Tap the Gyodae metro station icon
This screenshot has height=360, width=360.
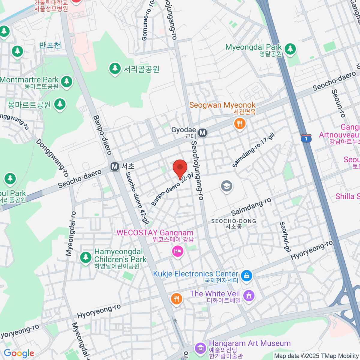203,132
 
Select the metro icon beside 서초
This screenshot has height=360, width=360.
114,166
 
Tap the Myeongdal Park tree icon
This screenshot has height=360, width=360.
290,48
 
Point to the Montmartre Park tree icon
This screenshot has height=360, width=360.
67,81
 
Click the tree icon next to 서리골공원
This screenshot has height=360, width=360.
115,68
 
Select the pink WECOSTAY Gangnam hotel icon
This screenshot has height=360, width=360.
177,251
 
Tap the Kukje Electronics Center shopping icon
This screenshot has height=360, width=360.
247,275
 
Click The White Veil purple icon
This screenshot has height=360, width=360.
249,295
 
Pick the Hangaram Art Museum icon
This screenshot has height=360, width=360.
200,348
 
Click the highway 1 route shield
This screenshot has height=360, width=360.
306,139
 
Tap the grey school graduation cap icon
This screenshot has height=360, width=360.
227,186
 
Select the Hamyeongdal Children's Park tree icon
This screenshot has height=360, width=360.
86,257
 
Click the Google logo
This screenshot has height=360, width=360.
19,353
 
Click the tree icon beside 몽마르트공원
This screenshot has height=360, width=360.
60,104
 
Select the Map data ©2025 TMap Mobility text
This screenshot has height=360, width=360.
316,356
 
